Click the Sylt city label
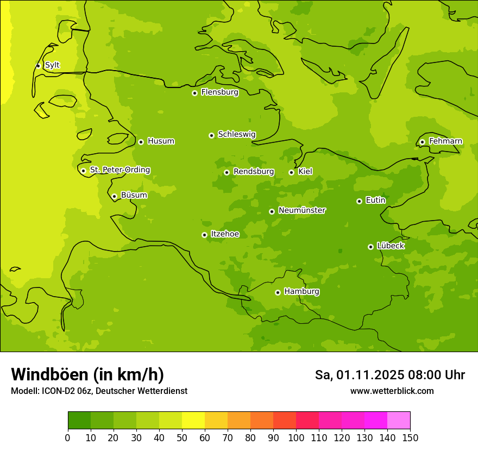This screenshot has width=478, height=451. (52, 65)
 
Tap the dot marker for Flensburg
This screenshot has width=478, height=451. (194, 93)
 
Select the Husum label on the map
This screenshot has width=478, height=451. (161, 141)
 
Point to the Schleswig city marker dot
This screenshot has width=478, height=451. (211, 135)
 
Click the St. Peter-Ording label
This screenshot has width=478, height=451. (119, 170)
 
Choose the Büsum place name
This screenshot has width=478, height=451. (134, 195)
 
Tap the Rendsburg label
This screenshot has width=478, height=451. (254, 172)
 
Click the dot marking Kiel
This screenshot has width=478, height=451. (291, 172)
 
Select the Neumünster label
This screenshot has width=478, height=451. (301, 210)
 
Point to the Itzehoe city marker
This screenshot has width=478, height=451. (204, 235)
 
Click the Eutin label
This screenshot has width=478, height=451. (375, 201)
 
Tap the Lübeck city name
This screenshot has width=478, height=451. (390, 246)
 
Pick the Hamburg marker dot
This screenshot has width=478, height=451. (278, 292)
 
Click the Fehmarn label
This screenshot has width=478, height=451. (445, 141)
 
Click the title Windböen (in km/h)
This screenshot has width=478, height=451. (87, 374)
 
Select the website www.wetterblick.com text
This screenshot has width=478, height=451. (392, 391)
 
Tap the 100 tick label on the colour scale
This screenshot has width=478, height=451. (296, 437)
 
